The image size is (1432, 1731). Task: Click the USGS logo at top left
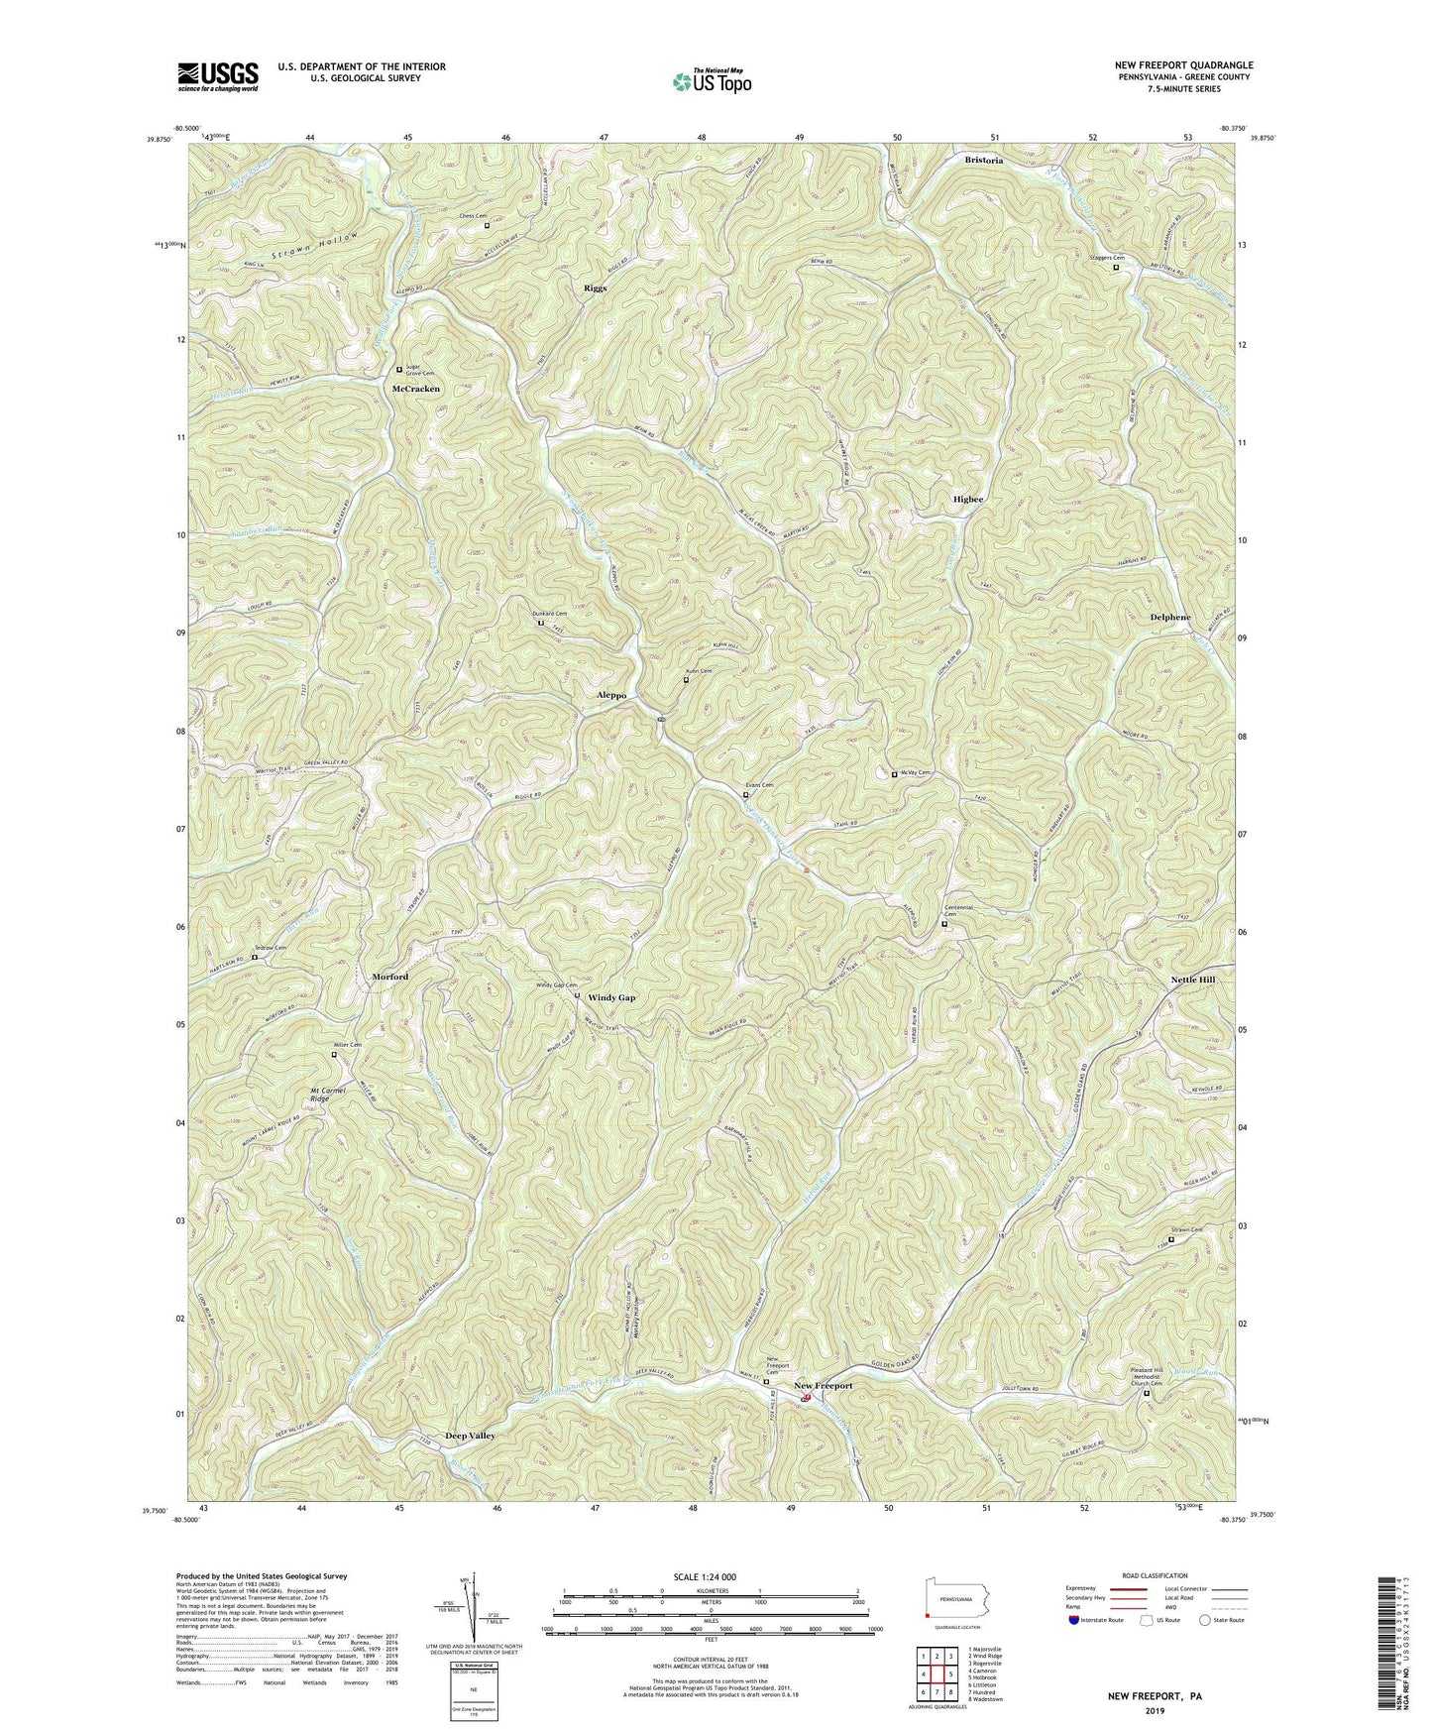(218, 75)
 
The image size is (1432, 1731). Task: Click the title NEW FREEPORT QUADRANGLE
(1182, 65)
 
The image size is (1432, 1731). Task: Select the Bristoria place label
(984, 160)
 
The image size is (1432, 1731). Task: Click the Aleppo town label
(611, 696)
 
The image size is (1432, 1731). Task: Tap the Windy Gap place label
(611, 997)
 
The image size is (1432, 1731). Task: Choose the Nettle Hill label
(1193, 980)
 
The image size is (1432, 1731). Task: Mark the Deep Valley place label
(470, 1436)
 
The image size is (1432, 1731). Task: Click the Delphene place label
(1170, 618)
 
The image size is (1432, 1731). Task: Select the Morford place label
(389, 977)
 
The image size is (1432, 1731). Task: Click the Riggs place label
(595, 288)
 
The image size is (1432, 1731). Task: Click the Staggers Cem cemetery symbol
(1116, 268)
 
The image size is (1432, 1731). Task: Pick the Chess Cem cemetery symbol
(487, 226)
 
